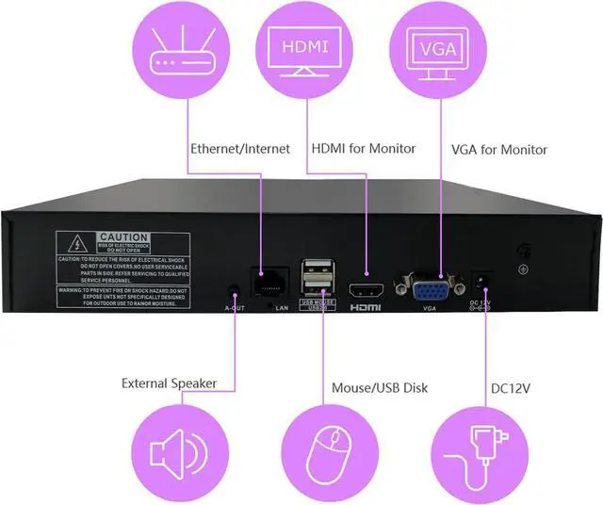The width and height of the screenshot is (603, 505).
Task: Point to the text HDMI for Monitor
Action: click(364, 149)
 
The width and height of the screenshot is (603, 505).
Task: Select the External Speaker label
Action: click(170, 383)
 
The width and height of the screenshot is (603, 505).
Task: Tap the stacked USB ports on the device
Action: click(316, 279)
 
